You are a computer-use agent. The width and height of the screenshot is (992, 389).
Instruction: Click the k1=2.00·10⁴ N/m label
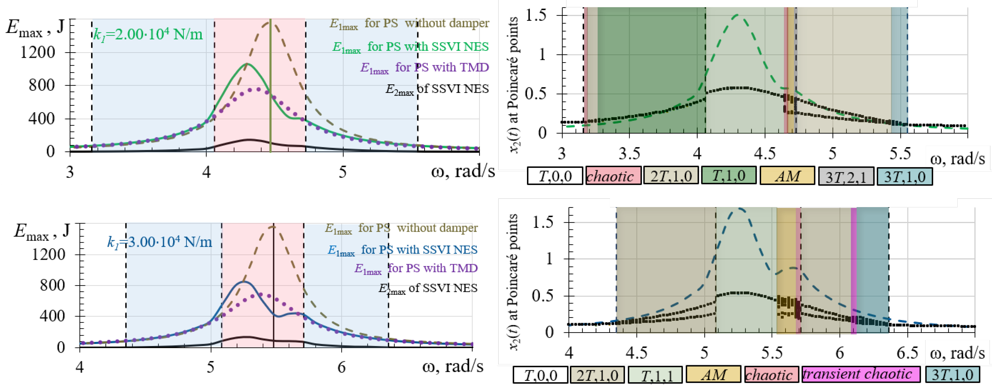[x=148, y=35]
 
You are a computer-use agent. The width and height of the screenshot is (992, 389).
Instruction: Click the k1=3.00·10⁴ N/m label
[x=160, y=242]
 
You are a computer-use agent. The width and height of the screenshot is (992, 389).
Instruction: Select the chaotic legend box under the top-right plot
[x=613, y=176]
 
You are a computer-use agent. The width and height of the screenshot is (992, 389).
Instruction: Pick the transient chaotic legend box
[x=860, y=374]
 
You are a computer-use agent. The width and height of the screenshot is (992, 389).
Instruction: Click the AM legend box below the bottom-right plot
[x=713, y=374]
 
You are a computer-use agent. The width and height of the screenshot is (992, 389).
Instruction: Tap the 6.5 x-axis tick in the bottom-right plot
[x=907, y=353]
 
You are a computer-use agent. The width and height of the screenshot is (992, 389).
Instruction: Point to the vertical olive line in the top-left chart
[x=270, y=96]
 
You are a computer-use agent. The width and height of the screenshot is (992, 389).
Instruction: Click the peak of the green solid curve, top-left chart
[x=247, y=64]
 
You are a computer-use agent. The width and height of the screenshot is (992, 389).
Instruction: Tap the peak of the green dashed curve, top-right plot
[x=737, y=15]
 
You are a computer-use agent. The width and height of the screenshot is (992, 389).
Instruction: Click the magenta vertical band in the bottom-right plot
[x=853, y=270]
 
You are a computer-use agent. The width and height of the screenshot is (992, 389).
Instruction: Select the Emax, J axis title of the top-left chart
[x=35, y=28]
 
